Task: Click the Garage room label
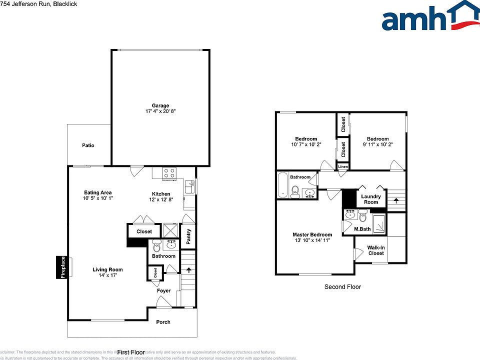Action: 160,105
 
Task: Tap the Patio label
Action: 88,145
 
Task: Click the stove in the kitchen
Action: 169,173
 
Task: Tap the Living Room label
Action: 107,270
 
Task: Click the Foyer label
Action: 163,290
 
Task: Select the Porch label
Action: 163,322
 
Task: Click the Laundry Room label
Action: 371,199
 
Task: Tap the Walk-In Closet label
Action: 375,250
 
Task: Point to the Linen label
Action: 343,167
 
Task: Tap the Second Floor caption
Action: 342,287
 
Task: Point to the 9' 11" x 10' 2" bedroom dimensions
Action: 377,145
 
